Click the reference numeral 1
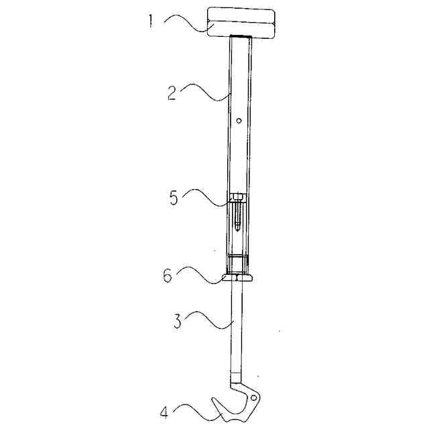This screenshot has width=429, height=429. tap(150, 21)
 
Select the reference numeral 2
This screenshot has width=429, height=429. tap(172, 93)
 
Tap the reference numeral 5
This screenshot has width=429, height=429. tap(174, 198)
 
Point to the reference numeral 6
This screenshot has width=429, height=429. tap(168, 275)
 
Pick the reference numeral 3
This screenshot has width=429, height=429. tap(177, 321)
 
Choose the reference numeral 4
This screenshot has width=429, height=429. tap(164, 412)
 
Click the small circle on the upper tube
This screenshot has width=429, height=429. tap(239, 121)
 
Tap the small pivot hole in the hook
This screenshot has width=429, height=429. tap(253, 397)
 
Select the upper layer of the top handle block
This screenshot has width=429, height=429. tap(241, 16)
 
